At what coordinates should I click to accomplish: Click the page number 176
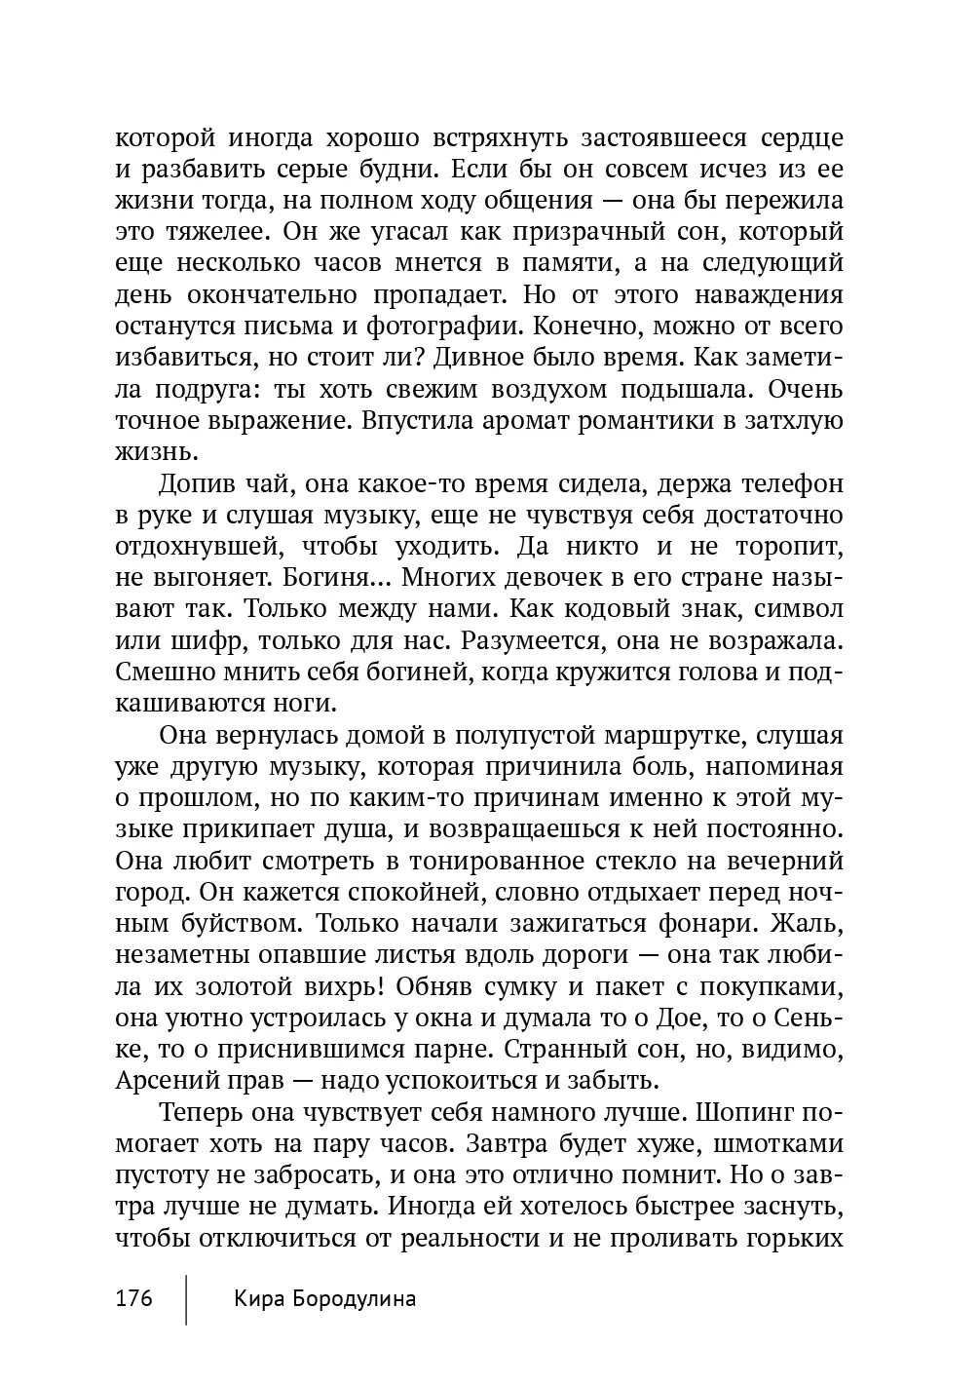pos(134,1299)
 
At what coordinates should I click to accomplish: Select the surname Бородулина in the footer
pos(355,1299)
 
